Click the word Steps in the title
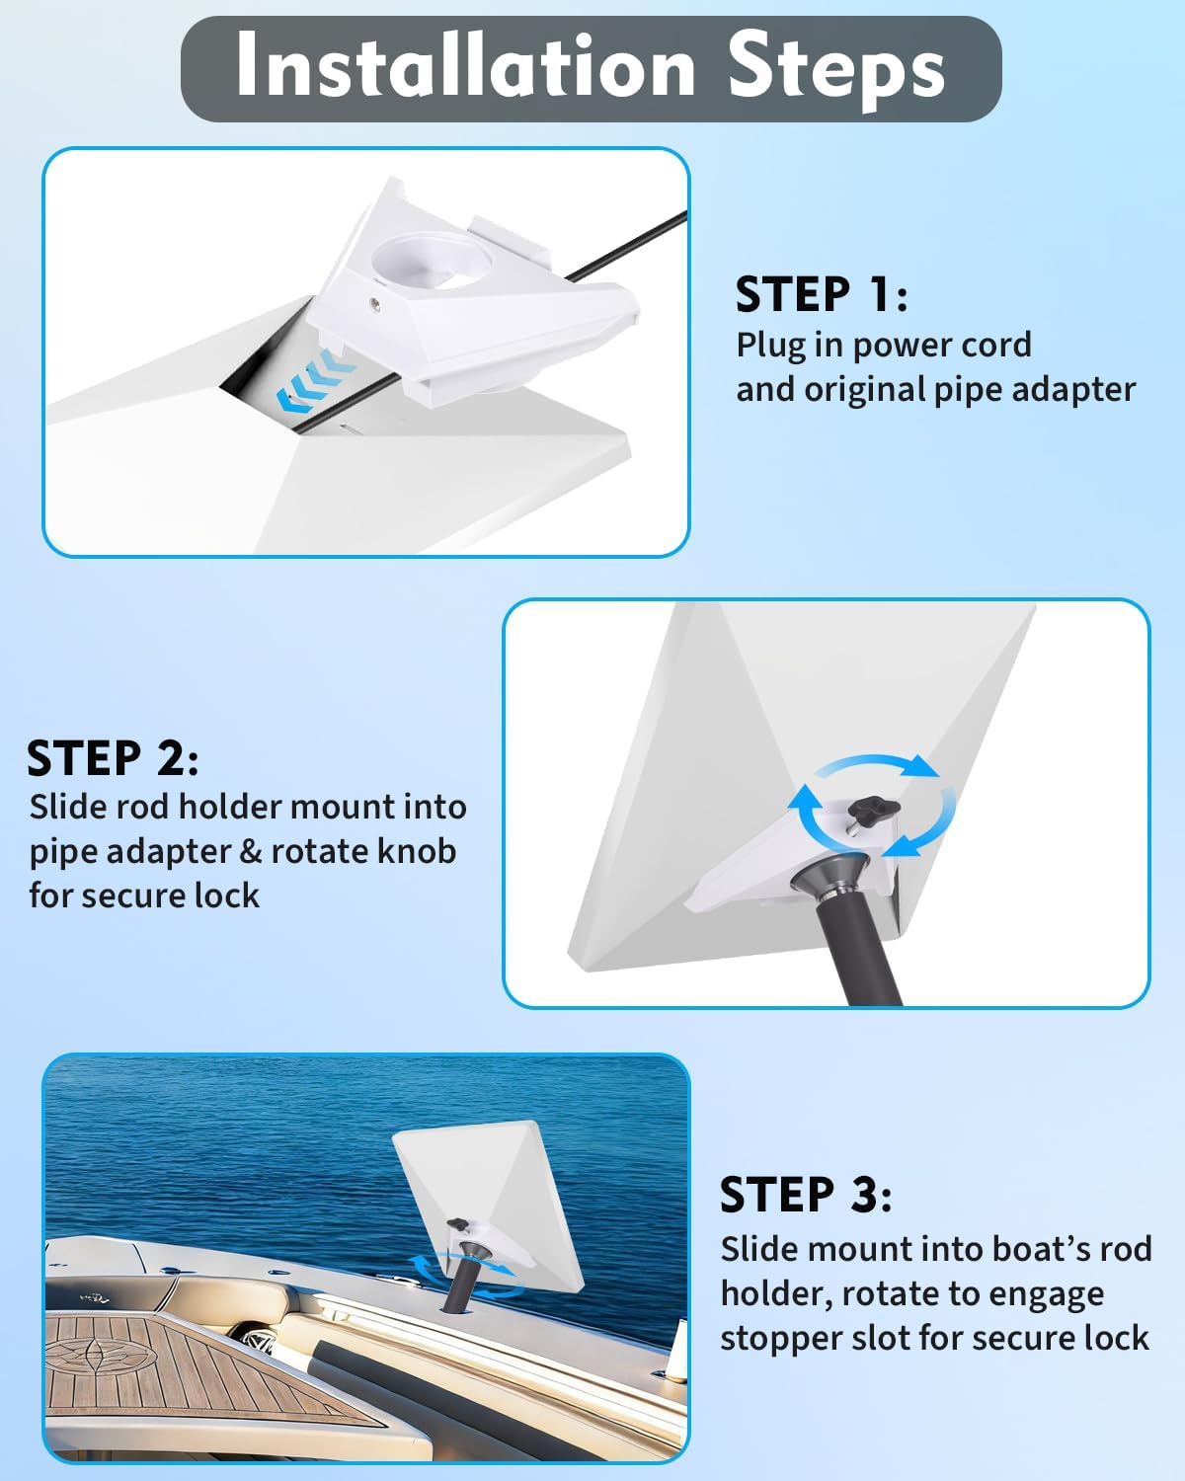[x=835, y=67]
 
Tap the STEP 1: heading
[x=821, y=294]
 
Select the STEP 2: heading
[x=113, y=758]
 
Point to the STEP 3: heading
[x=806, y=1195]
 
